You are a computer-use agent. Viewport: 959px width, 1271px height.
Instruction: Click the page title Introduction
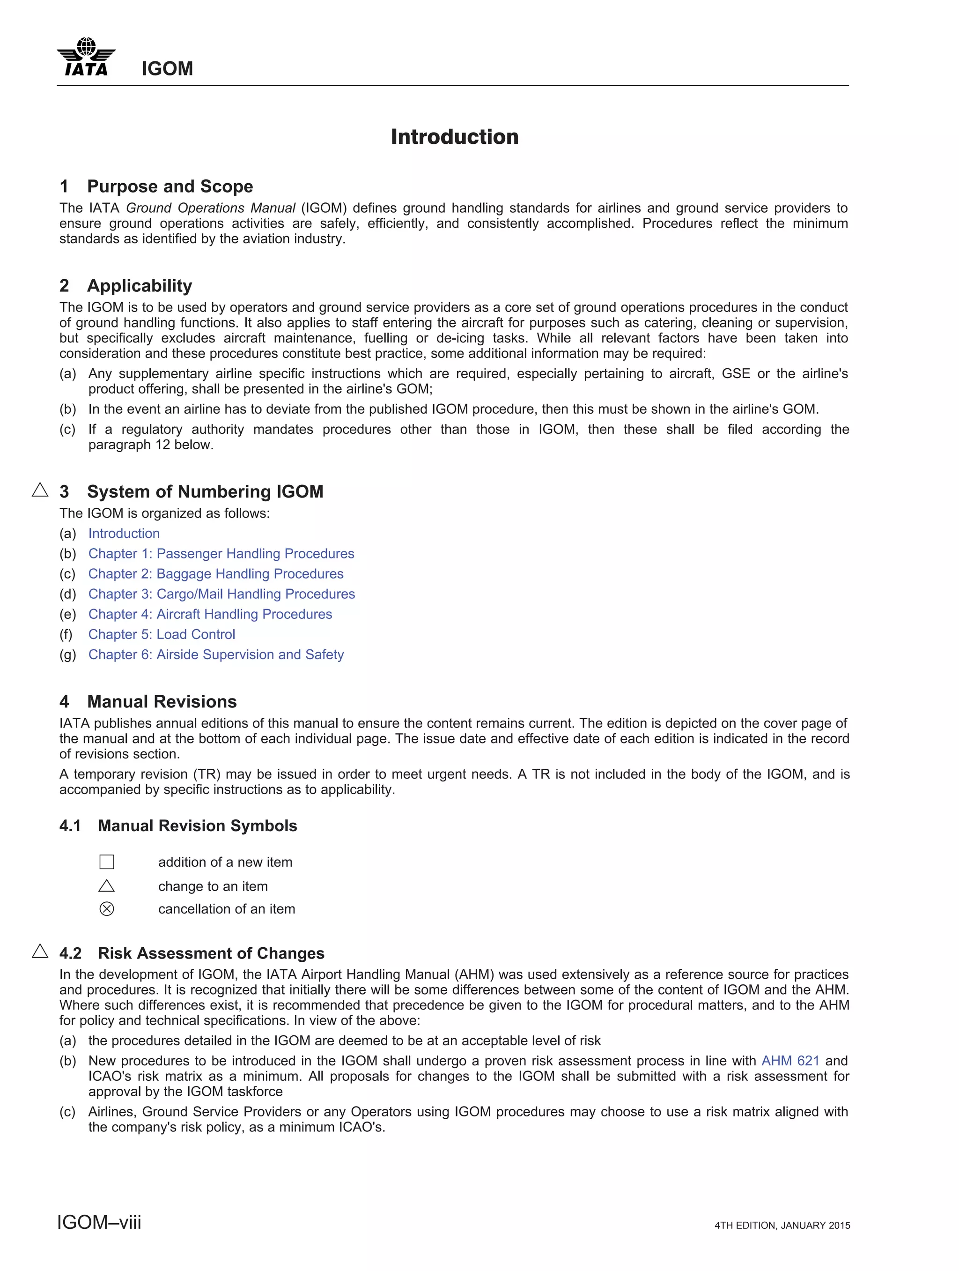(x=454, y=137)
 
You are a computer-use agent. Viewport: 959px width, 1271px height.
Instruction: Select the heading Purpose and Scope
(x=170, y=187)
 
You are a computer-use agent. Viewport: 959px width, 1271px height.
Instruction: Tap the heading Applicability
(x=139, y=286)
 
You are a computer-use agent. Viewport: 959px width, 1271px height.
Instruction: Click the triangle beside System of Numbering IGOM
(x=40, y=490)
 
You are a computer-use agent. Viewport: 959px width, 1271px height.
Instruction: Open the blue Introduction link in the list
(x=124, y=533)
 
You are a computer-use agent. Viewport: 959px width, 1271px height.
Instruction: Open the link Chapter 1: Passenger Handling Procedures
(x=221, y=553)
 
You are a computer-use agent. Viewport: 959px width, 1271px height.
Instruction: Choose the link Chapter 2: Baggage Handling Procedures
(x=215, y=573)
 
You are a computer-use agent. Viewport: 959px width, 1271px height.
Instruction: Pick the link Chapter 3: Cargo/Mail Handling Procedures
(x=221, y=594)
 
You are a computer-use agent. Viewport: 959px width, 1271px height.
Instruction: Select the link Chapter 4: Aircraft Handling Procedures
(x=210, y=614)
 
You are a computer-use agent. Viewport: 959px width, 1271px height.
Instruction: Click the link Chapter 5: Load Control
(x=162, y=634)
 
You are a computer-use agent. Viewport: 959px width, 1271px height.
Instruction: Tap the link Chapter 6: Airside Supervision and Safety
(x=215, y=654)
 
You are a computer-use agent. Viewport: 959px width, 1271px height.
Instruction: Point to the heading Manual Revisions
(x=162, y=702)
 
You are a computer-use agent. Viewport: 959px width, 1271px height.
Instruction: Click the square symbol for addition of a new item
(x=107, y=862)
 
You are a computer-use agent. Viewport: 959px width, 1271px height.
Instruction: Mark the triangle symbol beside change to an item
(x=107, y=886)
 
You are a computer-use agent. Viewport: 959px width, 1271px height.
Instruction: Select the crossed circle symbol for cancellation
(x=107, y=909)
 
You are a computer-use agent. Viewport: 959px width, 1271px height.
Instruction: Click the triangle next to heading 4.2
(x=40, y=951)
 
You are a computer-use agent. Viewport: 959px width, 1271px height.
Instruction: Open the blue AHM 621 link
(x=789, y=1061)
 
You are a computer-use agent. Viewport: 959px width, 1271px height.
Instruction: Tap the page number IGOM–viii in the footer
(x=99, y=1222)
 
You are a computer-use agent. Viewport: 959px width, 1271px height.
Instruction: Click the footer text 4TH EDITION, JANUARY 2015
(x=782, y=1225)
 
